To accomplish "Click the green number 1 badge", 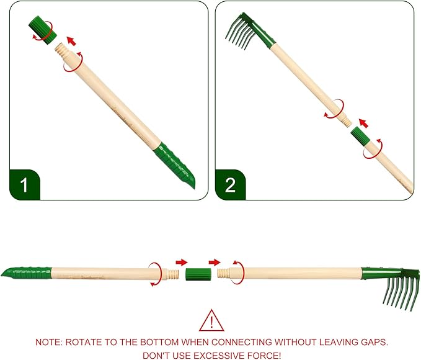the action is click(x=24, y=185).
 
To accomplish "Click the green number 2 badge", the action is click(x=230, y=185).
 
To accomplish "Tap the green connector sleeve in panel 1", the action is click(x=42, y=30).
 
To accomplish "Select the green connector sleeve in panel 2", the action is click(x=361, y=137).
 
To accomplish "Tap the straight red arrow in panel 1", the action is click(x=71, y=41).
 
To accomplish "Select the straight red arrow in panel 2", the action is click(x=363, y=123).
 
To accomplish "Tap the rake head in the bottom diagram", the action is click(x=391, y=287).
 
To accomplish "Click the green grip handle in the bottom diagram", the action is click(x=26, y=272).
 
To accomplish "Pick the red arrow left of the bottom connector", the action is click(x=182, y=262).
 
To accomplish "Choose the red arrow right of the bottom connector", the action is click(x=215, y=262).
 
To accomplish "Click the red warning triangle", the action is click(x=211, y=320).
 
